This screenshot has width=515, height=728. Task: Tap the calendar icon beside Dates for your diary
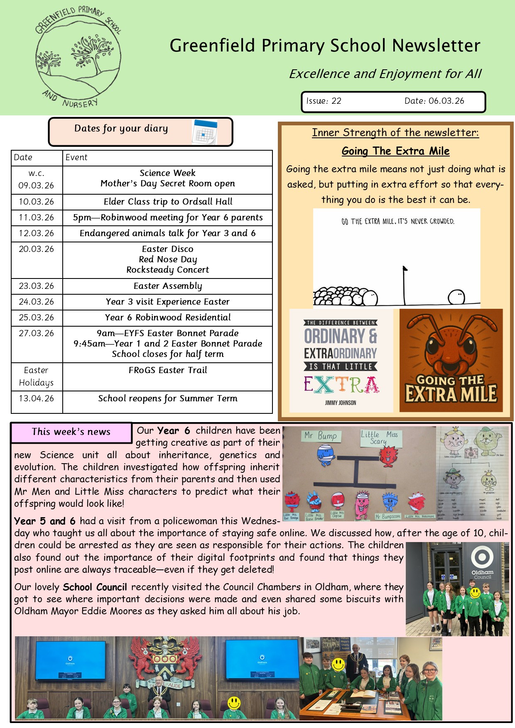204,132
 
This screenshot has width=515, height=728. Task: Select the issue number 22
336,101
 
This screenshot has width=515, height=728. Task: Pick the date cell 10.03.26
37,202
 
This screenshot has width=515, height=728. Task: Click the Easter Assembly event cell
167,286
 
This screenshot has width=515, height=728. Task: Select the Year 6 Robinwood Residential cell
167,318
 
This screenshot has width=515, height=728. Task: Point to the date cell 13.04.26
37,398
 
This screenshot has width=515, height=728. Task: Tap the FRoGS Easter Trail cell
167,370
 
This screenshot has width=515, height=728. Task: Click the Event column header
76,157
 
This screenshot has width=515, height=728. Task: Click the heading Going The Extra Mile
395,151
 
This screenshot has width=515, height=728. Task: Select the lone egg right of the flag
456,297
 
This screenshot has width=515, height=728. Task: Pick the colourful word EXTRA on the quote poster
341,384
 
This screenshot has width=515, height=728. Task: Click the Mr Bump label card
321,436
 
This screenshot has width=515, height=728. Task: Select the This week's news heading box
71,432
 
